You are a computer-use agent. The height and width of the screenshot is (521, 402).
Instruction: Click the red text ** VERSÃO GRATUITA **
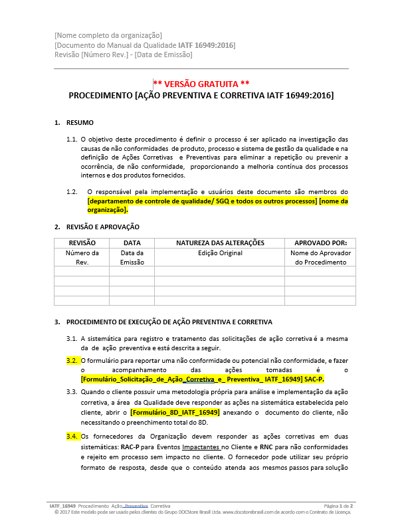click(x=201, y=84)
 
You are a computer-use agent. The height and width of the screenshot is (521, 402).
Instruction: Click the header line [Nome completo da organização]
click(x=108, y=35)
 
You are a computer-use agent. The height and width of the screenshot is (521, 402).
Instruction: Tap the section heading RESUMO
click(x=80, y=123)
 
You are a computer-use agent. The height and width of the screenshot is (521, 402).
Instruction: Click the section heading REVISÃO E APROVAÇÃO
click(x=102, y=227)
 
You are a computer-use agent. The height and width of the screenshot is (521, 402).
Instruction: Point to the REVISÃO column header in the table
click(x=82, y=243)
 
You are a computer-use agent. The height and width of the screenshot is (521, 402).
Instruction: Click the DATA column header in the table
click(x=132, y=243)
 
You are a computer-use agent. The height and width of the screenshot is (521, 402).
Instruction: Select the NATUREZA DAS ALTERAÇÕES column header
click(x=220, y=243)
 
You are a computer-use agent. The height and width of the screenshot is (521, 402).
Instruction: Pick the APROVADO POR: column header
click(x=320, y=243)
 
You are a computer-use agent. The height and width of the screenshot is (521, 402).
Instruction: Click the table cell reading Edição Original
click(x=220, y=253)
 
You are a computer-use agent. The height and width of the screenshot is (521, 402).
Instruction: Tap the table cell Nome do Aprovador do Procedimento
click(x=320, y=257)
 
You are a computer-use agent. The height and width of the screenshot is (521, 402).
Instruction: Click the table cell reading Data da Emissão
click(x=132, y=257)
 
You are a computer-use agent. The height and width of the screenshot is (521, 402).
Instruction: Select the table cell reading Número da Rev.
click(x=82, y=257)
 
